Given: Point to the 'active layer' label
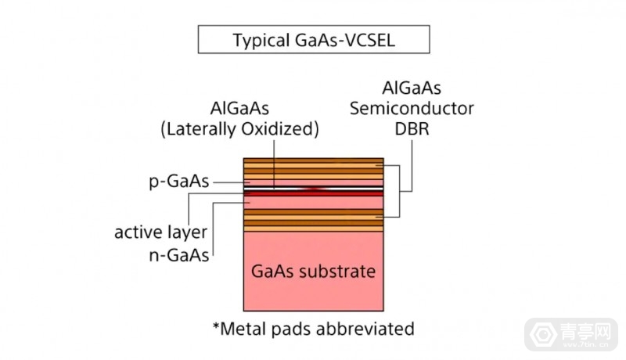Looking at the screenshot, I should [160, 232].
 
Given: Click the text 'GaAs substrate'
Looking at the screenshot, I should [313, 272].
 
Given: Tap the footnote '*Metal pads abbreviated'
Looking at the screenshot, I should [313, 327].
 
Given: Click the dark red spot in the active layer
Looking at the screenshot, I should [313, 189].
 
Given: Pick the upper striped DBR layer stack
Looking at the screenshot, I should [313, 169].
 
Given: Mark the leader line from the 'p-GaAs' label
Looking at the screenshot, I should [227, 182].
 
